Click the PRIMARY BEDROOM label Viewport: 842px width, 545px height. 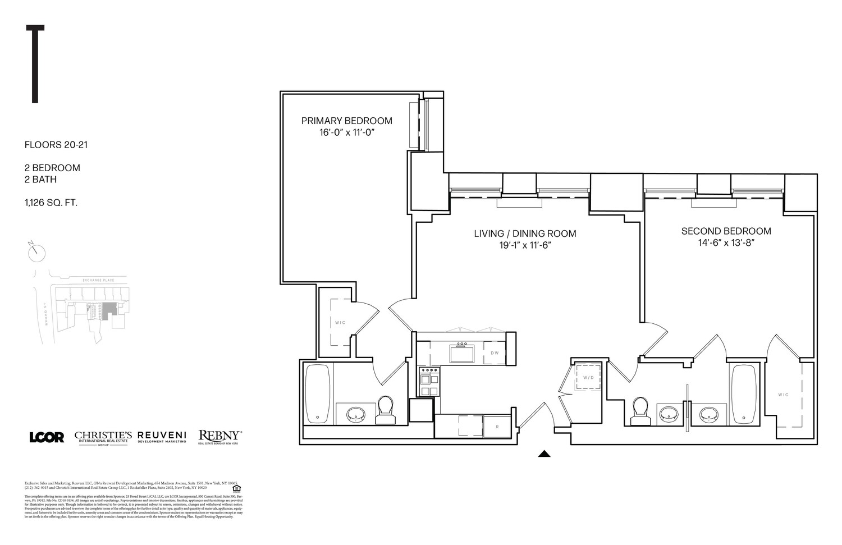pyautogui.click(x=346, y=121)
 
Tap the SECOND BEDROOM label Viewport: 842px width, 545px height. pyautogui.click(x=726, y=231)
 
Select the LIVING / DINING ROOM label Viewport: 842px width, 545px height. pyautogui.click(x=524, y=233)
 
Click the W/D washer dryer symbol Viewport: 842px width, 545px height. pyautogui.click(x=588, y=378)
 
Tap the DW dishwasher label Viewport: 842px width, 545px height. pyautogui.click(x=495, y=353)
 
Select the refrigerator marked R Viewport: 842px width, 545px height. pyautogui.click(x=497, y=426)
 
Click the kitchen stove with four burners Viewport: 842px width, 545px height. pyautogui.click(x=430, y=382)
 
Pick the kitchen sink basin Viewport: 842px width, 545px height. pyautogui.click(x=462, y=354)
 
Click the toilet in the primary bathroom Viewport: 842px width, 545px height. pyautogui.click(x=386, y=410)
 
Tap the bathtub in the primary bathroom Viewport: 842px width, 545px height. pyautogui.click(x=318, y=393)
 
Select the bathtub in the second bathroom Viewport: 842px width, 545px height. pyautogui.click(x=744, y=394)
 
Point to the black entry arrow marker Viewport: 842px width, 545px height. pyautogui.click(x=543, y=454)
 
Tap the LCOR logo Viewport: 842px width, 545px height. pyautogui.click(x=47, y=437)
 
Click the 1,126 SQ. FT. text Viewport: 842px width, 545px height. pyautogui.click(x=51, y=203)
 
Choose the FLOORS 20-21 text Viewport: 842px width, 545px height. pyautogui.click(x=56, y=145)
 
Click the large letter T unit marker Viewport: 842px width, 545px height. pyautogui.click(x=35, y=64)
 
